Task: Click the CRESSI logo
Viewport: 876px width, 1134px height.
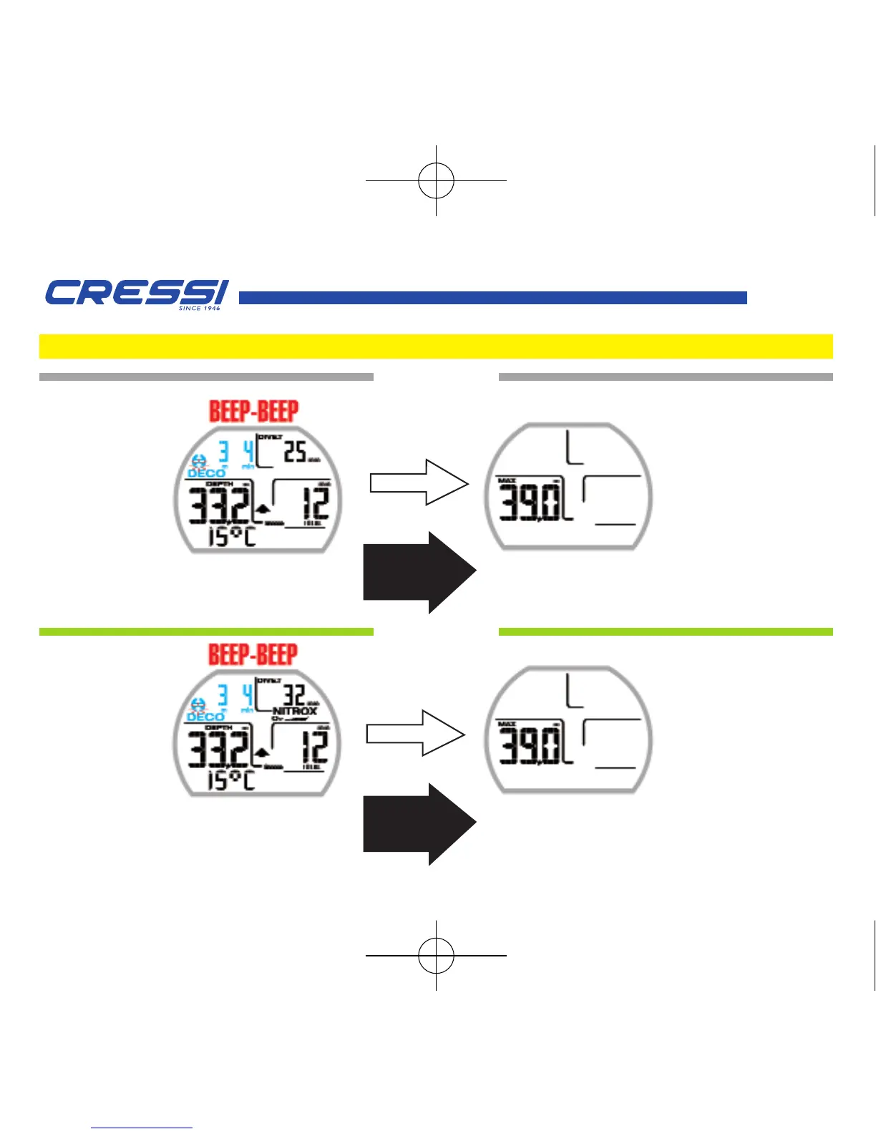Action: (136, 292)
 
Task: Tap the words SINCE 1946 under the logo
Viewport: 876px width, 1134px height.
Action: (200, 309)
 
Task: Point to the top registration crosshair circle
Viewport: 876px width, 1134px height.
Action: (436, 180)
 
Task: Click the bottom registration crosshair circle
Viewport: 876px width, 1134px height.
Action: (436, 955)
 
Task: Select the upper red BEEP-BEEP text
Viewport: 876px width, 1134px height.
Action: (253, 411)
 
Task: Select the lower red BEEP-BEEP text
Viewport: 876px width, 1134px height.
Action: (253, 654)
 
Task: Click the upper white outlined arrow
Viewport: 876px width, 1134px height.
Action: (419, 483)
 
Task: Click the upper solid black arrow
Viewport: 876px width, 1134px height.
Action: (419, 572)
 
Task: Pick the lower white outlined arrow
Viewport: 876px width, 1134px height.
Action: (416, 733)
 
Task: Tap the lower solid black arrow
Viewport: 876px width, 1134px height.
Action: (419, 824)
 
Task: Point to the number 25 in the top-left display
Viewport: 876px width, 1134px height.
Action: (295, 452)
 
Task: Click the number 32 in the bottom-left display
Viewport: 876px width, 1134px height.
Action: (294, 695)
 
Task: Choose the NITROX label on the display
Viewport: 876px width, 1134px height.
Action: (295, 711)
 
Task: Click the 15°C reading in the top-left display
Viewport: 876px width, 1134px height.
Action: (231, 536)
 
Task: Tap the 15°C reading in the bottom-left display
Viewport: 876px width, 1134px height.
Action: (230, 779)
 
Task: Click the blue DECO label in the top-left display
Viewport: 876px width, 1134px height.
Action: (206, 473)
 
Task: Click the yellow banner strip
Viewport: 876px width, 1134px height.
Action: (436, 346)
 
